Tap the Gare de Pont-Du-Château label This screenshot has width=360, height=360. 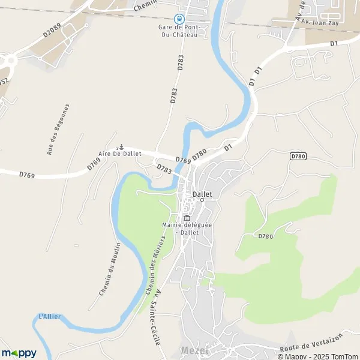[178, 31]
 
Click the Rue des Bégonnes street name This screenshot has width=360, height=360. [58, 130]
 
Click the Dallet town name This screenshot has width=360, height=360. [203, 194]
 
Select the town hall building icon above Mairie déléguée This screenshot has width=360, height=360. [187, 217]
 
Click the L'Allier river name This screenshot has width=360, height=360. [49, 316]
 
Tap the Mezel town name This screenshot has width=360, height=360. [194, 350]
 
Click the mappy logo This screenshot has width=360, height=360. [19, 353]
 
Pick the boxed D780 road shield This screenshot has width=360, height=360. [298, 156]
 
